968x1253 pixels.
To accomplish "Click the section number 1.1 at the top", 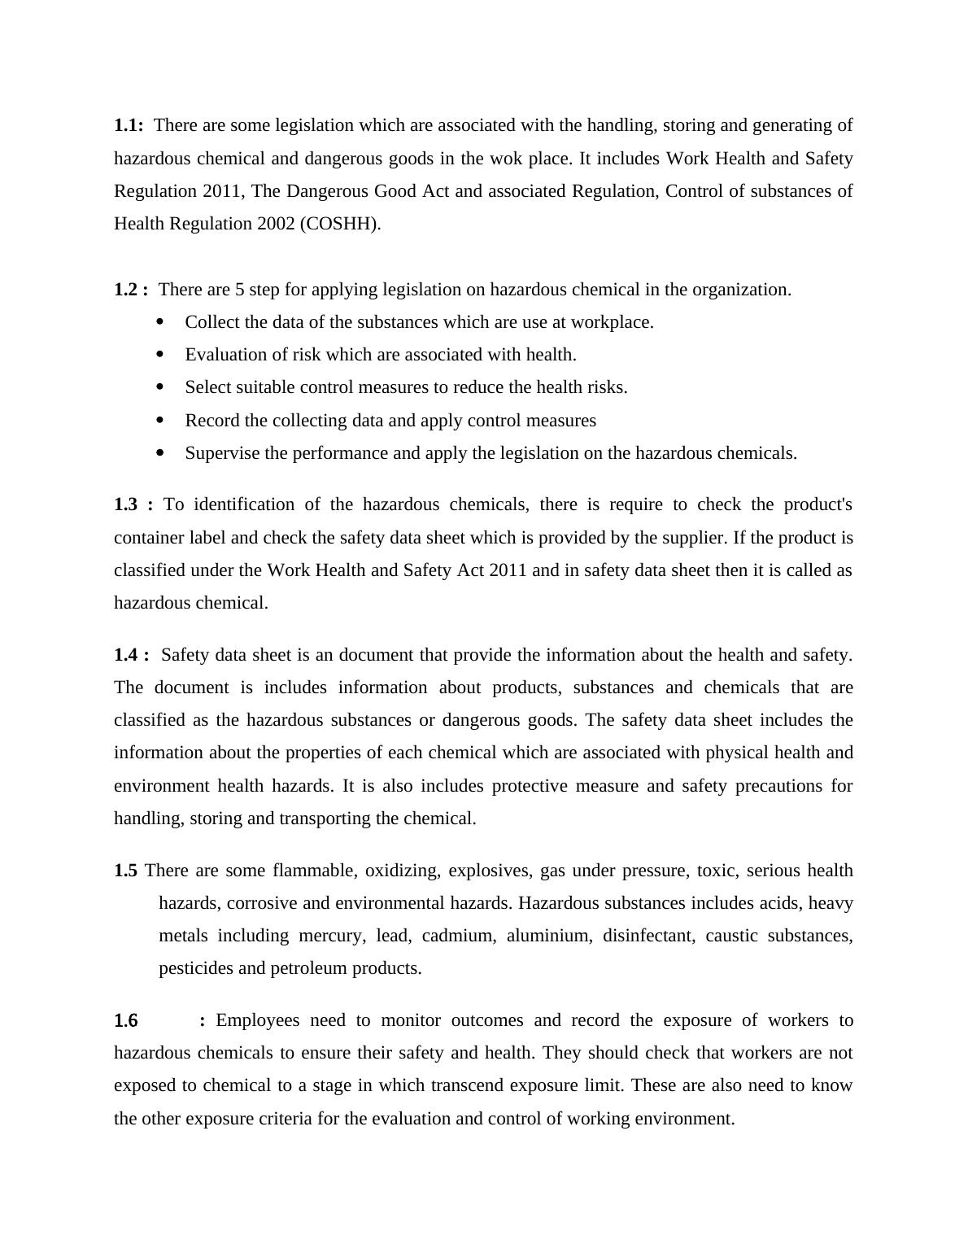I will [x=128, y=125].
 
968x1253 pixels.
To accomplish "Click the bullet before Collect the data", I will [x=159, y=322].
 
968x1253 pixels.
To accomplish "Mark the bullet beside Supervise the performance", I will [x=159, y=452].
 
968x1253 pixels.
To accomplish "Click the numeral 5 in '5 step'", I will [x=239, y=290].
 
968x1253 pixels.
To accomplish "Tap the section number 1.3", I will [x=126, y=504].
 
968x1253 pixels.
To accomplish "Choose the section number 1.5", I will [x=125, y=871].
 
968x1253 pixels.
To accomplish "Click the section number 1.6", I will [x=126, y=1020].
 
